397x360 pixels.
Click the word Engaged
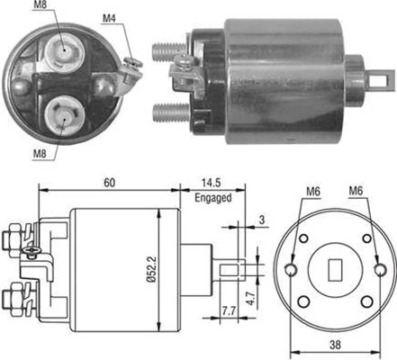212,197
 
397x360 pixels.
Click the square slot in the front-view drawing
335,267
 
